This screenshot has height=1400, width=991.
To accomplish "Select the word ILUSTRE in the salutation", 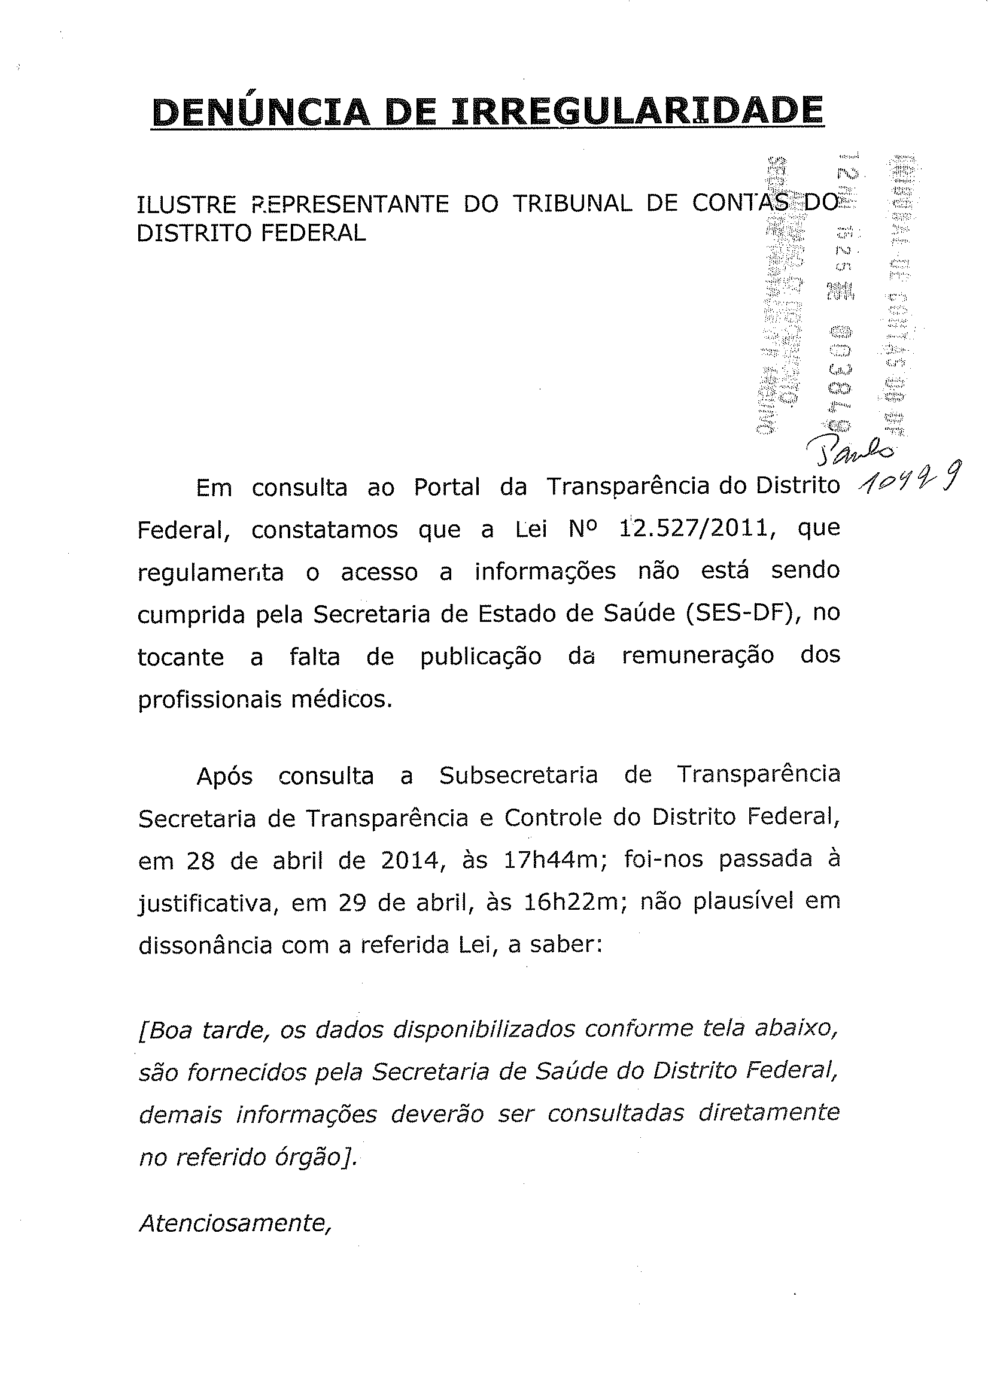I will (x=186, y=205).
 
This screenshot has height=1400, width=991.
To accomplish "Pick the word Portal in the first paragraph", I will (x=446, y=487).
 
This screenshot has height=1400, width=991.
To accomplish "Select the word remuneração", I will (x=698, y=655).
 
